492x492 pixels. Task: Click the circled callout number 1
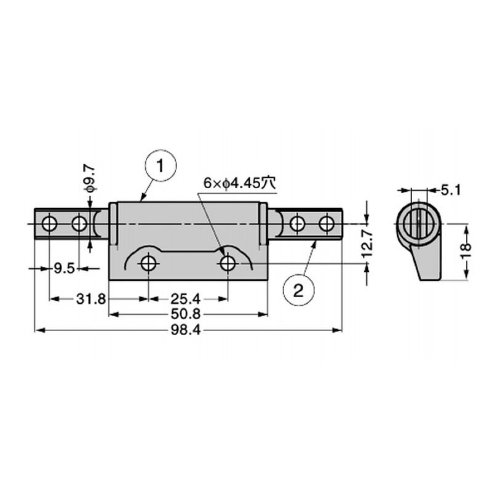point(161,165)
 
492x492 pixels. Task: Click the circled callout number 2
point(298,290)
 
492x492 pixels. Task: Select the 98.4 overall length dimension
point(186,330)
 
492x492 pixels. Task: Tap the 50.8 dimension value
point(186,314)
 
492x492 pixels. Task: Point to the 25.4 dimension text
point(186,299)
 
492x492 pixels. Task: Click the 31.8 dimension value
point(91,299)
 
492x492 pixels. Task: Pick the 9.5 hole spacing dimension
point(65,269)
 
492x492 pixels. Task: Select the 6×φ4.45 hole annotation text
point(240,183)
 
